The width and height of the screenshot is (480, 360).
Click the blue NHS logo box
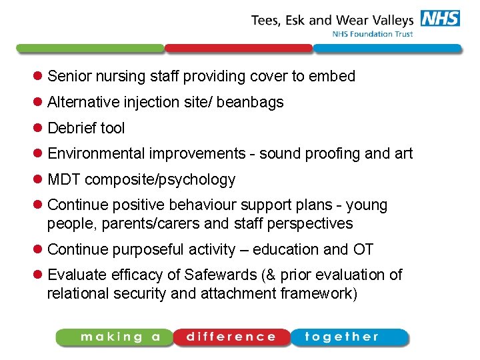point(441,18)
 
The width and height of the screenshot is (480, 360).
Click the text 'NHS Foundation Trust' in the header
point(373,34)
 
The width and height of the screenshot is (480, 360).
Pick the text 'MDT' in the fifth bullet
point(64,180)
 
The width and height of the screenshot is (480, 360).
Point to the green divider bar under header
point(90,49)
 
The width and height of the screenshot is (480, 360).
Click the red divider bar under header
point(238,49)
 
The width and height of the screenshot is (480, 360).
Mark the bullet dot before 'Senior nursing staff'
point(39,77)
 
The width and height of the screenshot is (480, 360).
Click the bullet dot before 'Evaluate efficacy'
point(39,275)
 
